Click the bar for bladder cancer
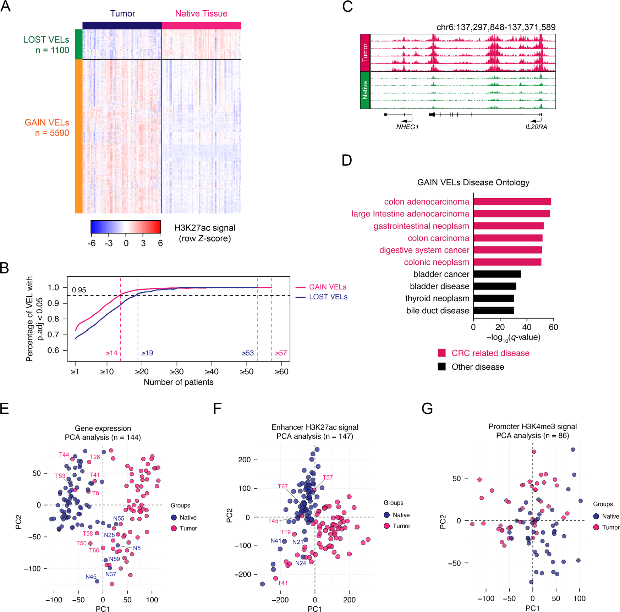coord(497,274)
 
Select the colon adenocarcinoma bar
coord(512,202)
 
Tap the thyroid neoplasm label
coord(437,298)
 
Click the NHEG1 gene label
coord(407,127)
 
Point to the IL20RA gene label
coord(536,127)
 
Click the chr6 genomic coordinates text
coord(496,27)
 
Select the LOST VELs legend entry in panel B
coord(328,297)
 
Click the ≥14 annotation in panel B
coord(111,353)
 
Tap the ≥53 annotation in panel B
coord(248,353)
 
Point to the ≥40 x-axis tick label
coord(212,372)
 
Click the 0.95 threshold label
coord(79,290)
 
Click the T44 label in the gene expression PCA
coord(64,455)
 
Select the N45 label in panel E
coord(91,577)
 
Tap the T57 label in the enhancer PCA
coord(328,478)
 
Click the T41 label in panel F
coord(282,583)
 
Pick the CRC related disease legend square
coord(441,353)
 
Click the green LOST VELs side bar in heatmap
coord(78,44)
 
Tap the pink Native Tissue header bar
coord(201,26)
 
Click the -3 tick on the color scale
coord(109,243)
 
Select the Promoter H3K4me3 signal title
coord(532,426)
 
